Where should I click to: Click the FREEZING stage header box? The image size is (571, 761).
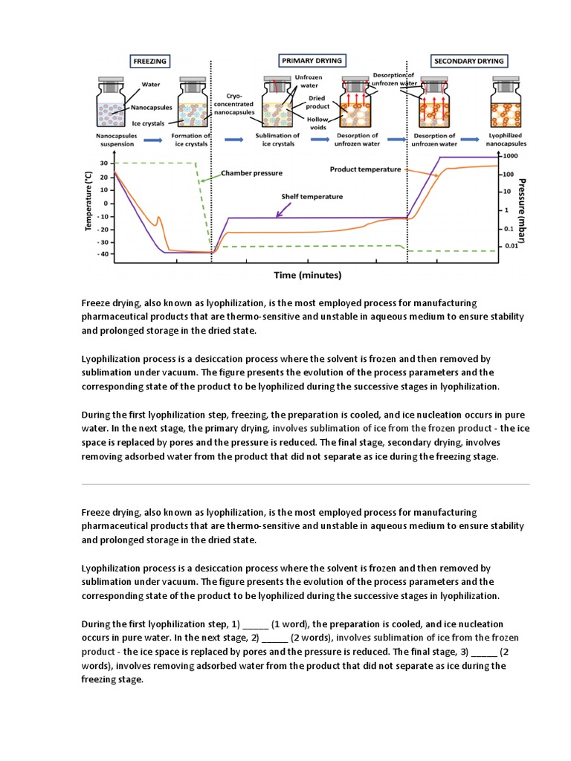(x=149, y=61)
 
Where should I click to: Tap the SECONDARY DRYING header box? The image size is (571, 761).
(x=469, y=61)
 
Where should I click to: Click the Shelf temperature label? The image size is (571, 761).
(x=312, y=197)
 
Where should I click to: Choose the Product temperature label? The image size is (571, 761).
(x=365, y=169)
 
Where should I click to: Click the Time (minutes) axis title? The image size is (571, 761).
(x=307, y=274)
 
